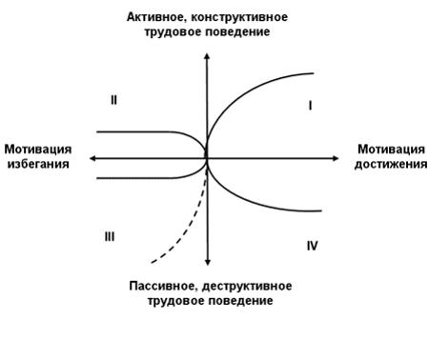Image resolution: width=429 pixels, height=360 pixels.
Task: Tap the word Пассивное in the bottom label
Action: pyautogui.click(x=163, y=286)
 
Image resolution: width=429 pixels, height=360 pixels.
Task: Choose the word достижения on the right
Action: pyautogui.click(x=390, y=164)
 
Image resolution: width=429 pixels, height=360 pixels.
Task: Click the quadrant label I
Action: pyautogui.click(x=311, y=106)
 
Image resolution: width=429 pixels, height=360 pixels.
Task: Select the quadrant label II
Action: pyautogui.click(x=113, y=99)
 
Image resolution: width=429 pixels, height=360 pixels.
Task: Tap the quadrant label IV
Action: pyautogui.click(x=312, y=246)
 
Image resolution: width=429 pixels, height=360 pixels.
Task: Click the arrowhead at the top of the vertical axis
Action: pyautogui.click(x=207, y=50)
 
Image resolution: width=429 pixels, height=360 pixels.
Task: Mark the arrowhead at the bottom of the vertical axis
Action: pyautogui.click(x=207, y=260)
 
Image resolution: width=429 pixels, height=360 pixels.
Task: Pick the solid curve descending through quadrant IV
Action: pyautogui.click(x=257, y=200)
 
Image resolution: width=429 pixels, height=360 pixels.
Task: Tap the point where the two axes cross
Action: pyautogui.click(x=207, y=157)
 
